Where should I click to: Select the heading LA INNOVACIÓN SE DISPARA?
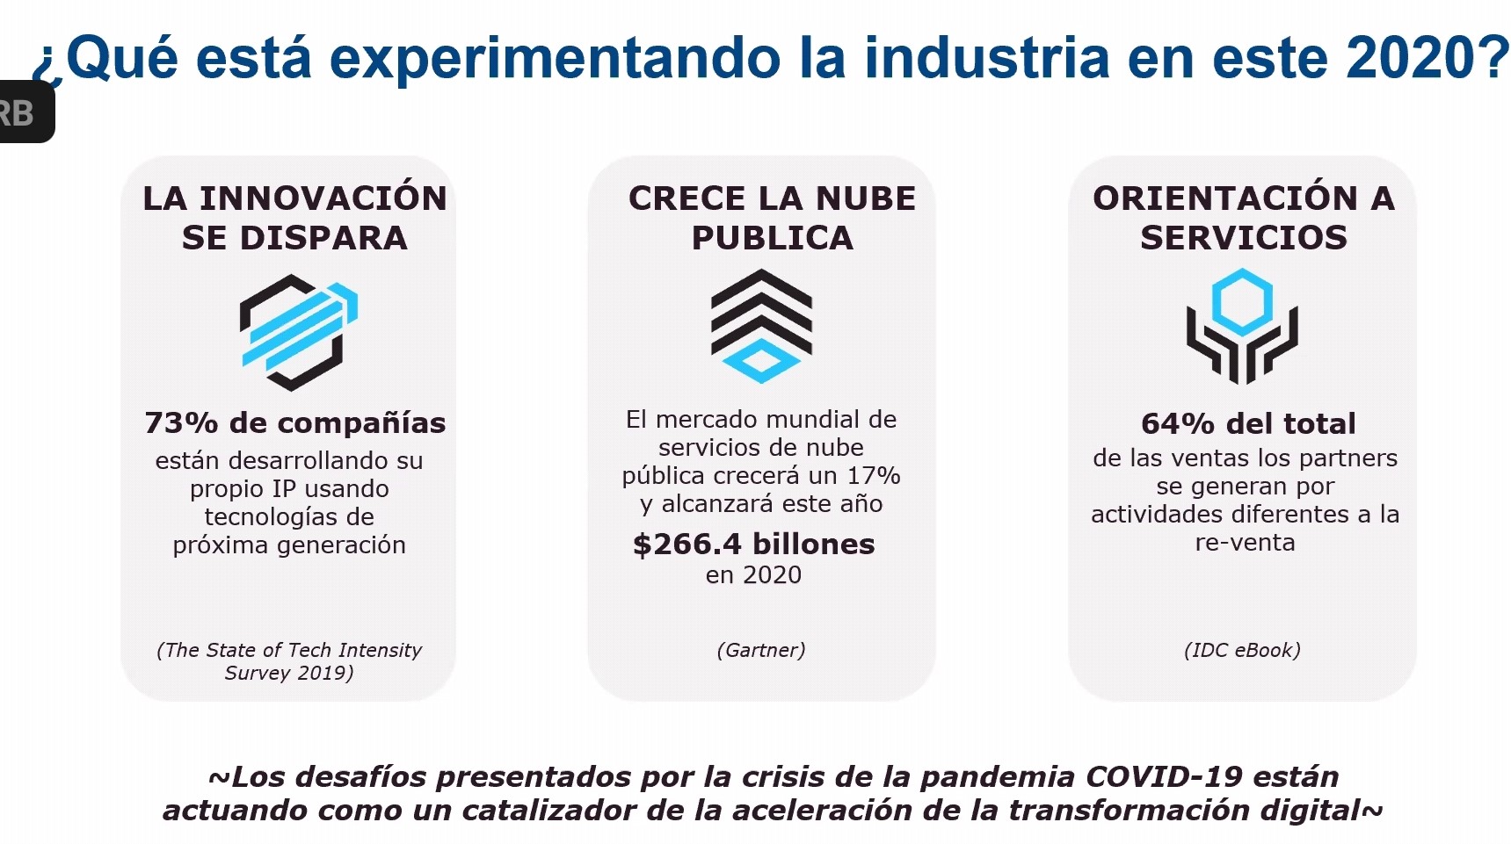point(295,218)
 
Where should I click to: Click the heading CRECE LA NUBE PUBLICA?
point(772,218)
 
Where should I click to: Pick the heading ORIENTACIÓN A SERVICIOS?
point(1244,218)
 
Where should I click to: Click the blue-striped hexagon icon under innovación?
point(299,332)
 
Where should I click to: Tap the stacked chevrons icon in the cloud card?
point(761,326)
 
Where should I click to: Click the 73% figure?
point(181,423)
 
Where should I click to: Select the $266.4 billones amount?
point(754,545)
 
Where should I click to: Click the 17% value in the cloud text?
point(874,476)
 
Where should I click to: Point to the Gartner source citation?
point(761,650)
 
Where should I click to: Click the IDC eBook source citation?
point(1242,650)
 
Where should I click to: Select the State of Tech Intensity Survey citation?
point(289,661)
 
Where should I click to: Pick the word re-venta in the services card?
point(1245,543)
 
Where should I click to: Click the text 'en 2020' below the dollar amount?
point(754,575)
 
